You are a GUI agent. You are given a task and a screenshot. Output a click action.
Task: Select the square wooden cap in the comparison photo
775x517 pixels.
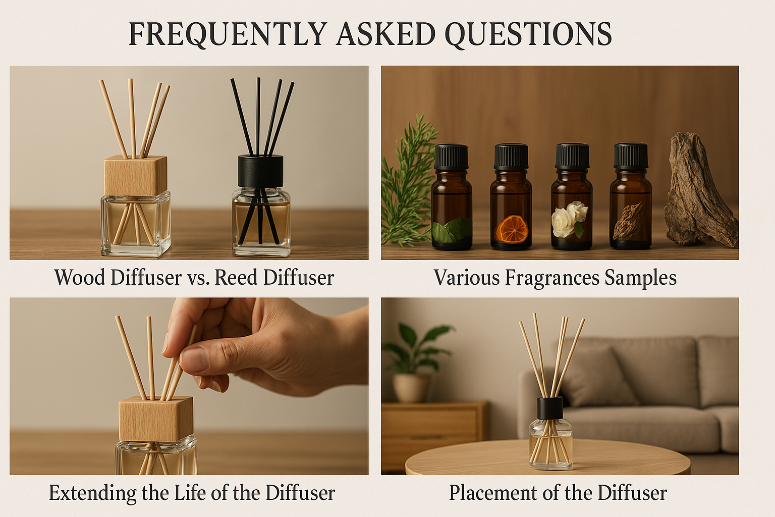coord(136,176)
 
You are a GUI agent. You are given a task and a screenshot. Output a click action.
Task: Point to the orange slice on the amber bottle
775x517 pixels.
coord(512,229)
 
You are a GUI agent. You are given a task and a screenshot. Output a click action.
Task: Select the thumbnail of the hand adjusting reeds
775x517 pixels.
coord(189,386)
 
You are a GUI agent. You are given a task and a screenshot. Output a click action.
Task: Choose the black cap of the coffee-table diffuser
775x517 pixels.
coord(550,408)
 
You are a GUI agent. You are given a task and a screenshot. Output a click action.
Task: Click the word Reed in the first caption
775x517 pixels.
coord(235,278)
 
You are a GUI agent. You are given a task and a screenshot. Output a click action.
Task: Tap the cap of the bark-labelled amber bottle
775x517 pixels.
coord(631,156)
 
